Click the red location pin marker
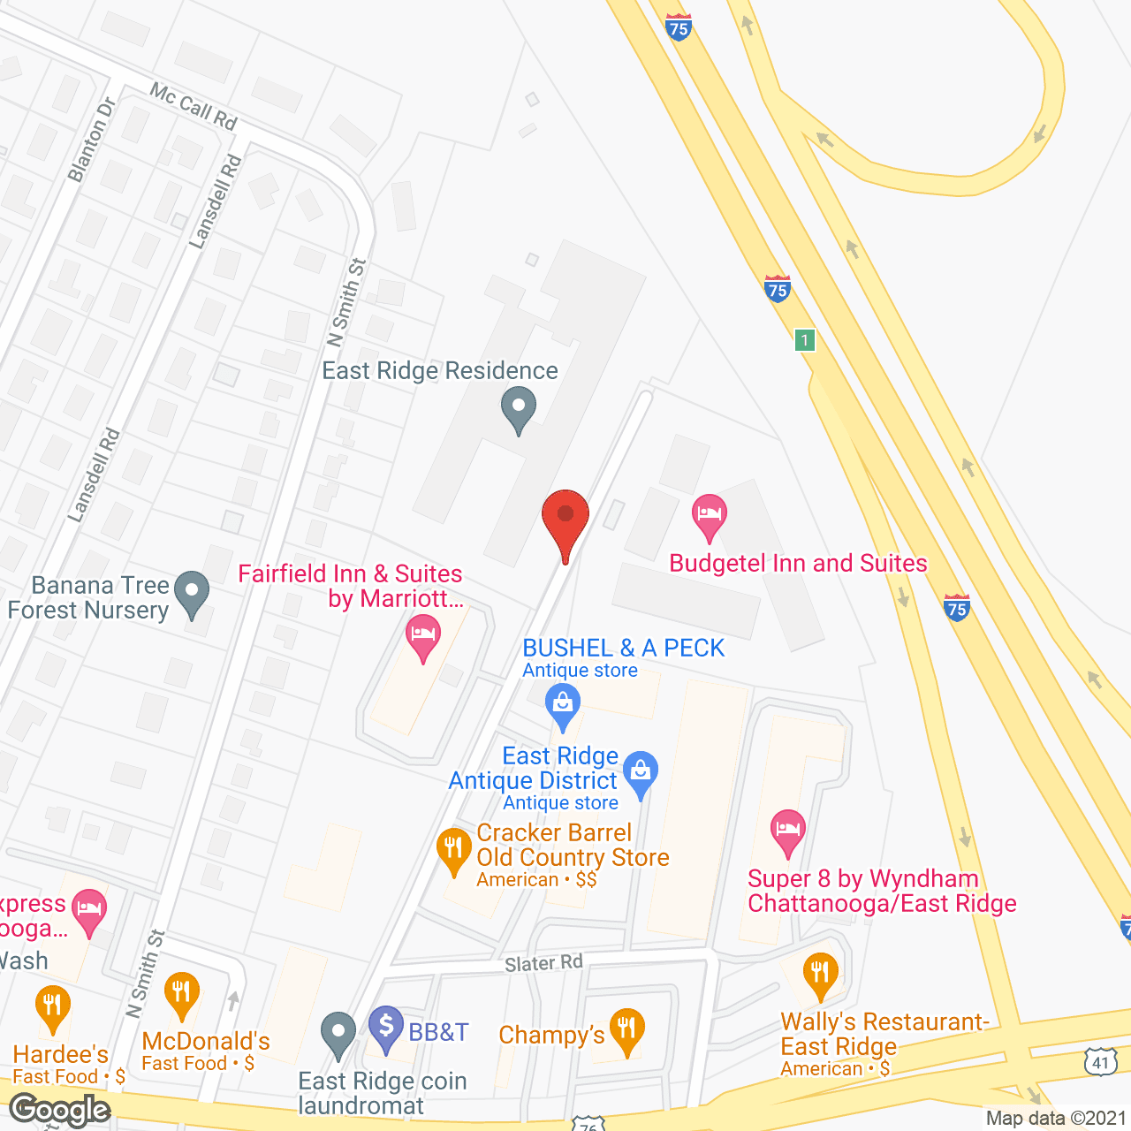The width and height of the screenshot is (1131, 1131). coord(565,518)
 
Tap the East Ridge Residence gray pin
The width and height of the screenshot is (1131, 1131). coord(519,408)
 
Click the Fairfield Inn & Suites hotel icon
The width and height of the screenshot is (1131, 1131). coord(423,636)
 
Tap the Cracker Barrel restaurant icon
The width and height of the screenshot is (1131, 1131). coord(453,849)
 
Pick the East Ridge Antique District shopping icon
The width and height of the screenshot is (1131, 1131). coord(641,771)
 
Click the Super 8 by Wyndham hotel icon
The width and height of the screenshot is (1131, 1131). coord(787,831)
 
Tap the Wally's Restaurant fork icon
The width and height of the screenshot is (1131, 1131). coord(821,973)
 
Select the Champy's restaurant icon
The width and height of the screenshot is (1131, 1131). coord(626,1029)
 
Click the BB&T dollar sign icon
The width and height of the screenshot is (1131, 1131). coord(386,1027)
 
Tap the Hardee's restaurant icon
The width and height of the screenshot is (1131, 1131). coord(52,1006)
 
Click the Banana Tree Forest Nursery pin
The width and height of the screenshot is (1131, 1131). coord(192,593)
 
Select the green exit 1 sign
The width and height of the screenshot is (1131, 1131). coord(804,339)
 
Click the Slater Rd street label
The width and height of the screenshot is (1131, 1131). coord(543,963)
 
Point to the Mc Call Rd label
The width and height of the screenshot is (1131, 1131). coord(193,106)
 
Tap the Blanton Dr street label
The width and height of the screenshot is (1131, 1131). coord(92,140)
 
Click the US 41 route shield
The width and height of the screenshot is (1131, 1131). coord(1101,1062)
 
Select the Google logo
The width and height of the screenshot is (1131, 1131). coord(60,1110)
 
